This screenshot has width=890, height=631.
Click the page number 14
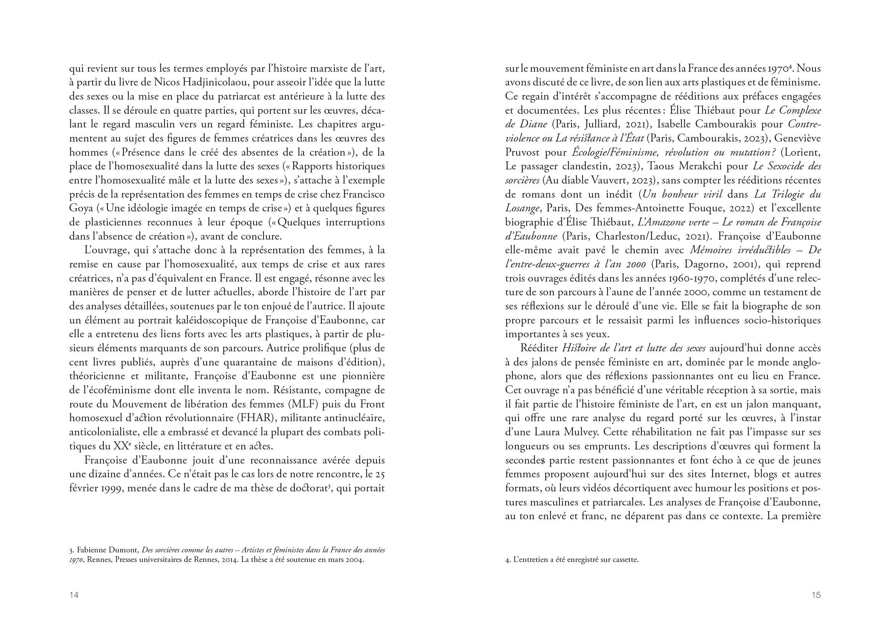click(x=74, y=595)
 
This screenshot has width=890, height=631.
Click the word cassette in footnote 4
click(x=625, y=560)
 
